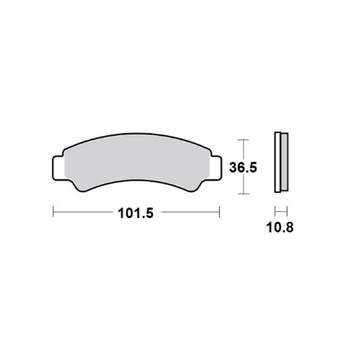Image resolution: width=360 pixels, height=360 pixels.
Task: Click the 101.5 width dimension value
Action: pos(135,213)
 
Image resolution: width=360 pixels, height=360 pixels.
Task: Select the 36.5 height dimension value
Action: pos(243,167)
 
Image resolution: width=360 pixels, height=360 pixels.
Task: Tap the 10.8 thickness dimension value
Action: pos(280,227)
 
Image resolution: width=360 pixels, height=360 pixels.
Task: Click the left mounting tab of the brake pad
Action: pos(58,168)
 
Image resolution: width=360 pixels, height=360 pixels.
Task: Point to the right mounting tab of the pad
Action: pos(215,167)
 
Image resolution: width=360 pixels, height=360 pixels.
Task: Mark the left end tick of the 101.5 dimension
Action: pos(53,212)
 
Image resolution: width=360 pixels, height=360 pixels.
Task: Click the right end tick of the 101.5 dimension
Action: pos(220,212)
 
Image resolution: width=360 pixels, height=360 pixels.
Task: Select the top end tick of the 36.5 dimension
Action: pos(244,140)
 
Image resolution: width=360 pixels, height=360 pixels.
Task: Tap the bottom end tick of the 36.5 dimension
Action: pos(244,194)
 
